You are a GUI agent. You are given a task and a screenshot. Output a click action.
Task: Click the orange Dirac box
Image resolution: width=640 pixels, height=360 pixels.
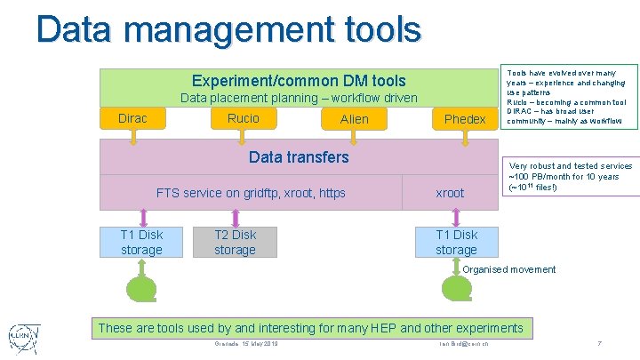(x=132, y=118)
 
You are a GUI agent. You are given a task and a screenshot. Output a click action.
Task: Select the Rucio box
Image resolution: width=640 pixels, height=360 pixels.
(x=244, y=118)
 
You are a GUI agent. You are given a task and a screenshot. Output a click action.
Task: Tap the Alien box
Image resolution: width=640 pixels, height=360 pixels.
(x=355, y=119)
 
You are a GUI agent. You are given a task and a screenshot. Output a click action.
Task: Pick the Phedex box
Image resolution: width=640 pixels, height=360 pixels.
(x=465, y=119)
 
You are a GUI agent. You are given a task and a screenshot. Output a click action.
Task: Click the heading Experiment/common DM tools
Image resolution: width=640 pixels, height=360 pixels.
(x=299, y=81)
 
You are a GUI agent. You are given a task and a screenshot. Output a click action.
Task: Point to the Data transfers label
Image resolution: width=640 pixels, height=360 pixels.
(x=299, y=157)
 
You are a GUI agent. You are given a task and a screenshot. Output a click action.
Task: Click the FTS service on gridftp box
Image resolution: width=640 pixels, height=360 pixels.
(x=251, y=193)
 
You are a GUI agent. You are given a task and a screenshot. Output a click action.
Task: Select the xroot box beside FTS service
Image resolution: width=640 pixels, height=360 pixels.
(x=450, y=193)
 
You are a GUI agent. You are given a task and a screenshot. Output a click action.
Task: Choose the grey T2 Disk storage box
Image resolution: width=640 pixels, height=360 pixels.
(x=235, y=243)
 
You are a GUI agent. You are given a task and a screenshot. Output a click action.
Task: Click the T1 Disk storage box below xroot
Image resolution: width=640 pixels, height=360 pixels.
(x=456, y=243)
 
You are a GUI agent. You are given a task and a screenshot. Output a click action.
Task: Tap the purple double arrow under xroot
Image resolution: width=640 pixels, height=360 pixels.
(x=457, y=219)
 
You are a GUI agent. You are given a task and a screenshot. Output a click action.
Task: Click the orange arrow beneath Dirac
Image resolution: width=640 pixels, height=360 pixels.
(x=133, y=137)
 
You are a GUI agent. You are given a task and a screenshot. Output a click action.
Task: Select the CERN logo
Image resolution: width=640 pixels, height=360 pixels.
(x=24, y=336)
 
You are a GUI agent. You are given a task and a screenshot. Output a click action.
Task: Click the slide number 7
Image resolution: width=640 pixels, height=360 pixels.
(x=600, y=344)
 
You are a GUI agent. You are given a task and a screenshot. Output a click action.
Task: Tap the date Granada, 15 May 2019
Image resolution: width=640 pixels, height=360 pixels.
(x=246, y=344)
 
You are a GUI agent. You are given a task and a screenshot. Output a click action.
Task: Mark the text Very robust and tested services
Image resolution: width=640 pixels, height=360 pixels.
(x=570, y=165)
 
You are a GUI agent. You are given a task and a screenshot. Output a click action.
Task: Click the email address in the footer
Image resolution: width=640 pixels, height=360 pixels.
(x=470, y=345)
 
